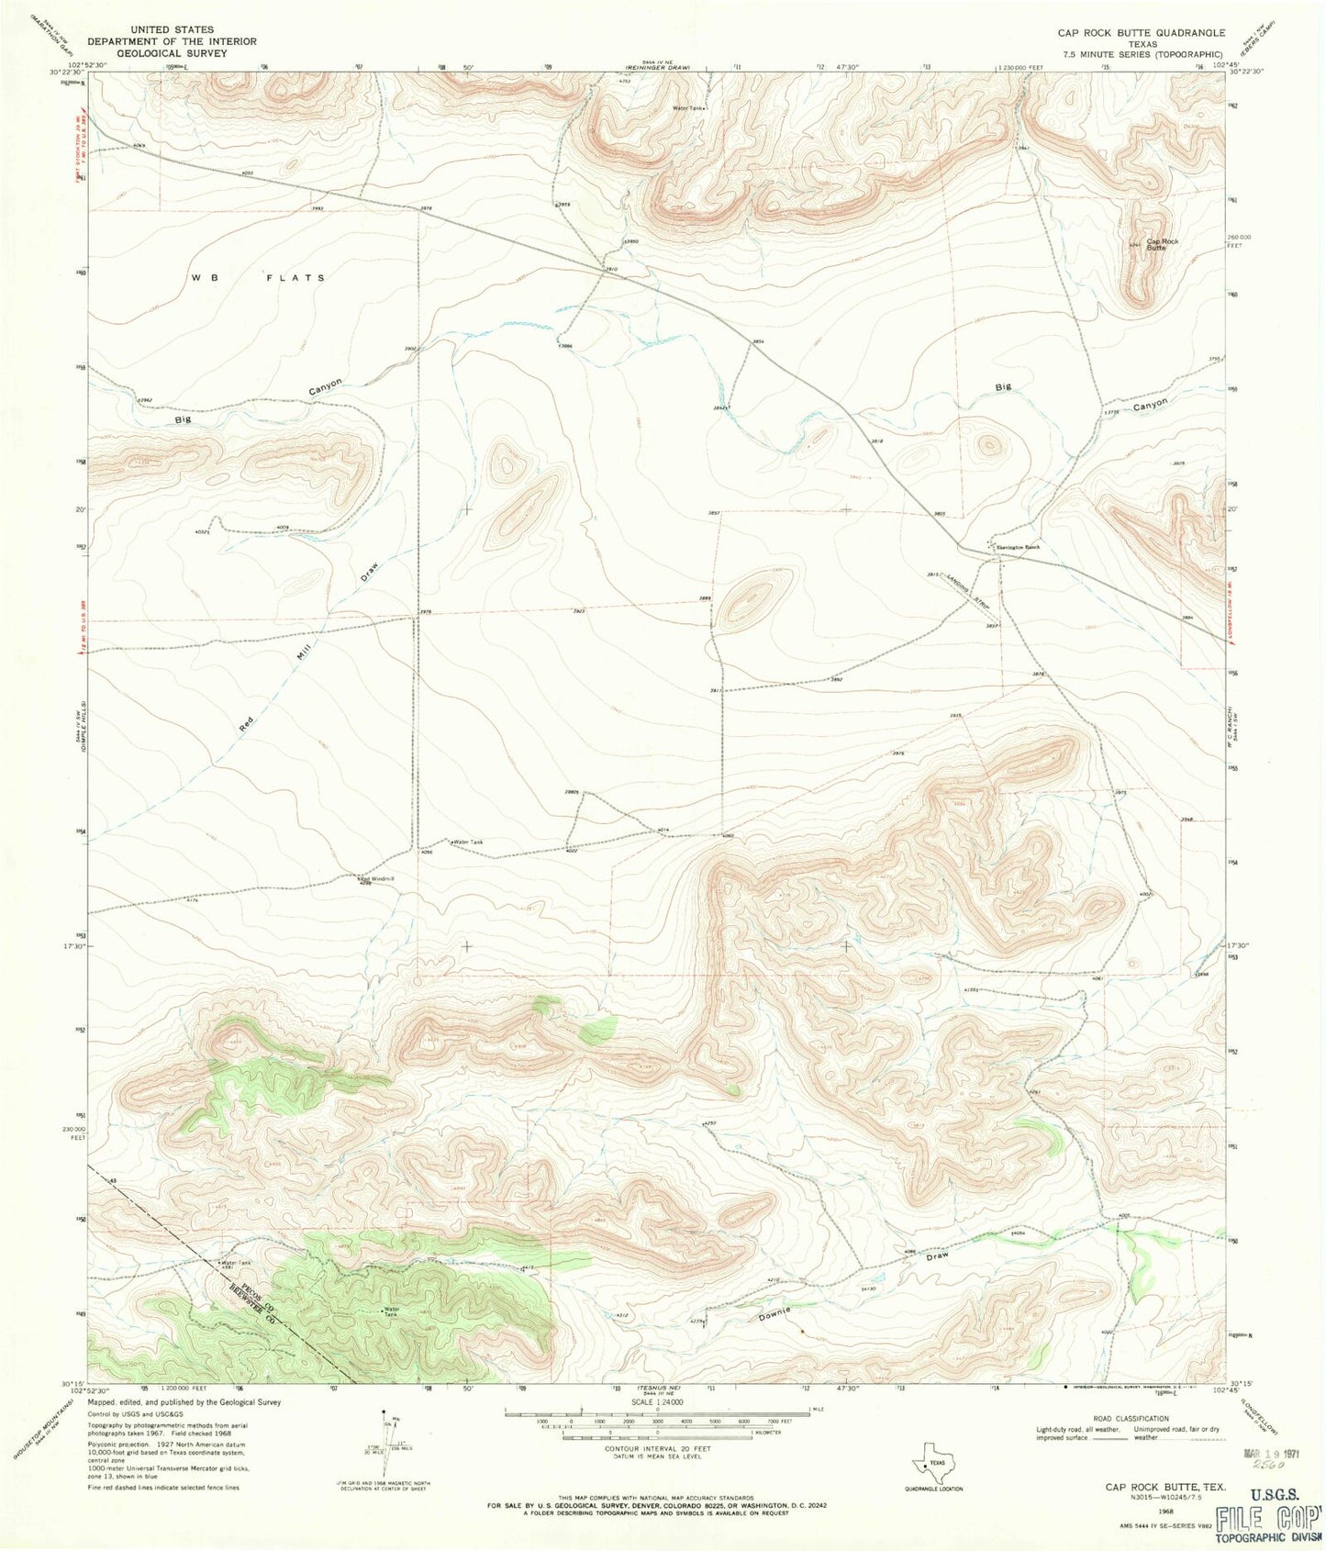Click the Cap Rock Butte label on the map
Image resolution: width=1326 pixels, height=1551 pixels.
click(1161, 244)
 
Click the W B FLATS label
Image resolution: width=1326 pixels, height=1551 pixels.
click(258, 277)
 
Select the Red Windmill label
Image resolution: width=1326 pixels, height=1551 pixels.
click(377, 878)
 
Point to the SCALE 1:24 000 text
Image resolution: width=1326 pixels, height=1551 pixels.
click(656, 1403)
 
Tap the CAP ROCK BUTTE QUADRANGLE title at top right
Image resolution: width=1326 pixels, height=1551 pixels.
click(1141, 32)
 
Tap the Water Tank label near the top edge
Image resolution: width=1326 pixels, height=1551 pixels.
click(689, 108)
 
